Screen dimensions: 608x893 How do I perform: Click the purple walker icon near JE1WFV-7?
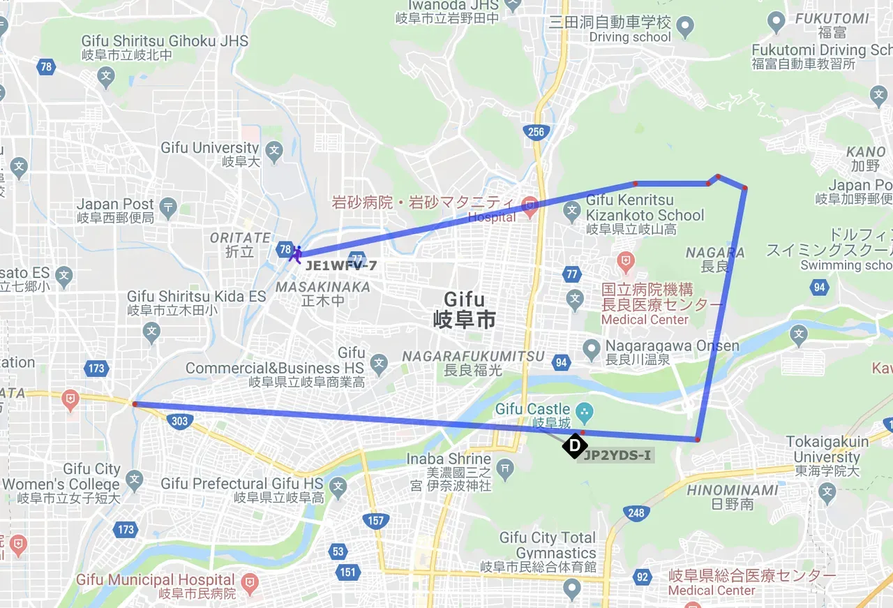click(296, 255)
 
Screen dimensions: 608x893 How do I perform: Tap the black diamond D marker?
click(574, 445)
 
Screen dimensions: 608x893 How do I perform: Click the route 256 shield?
click(536, 131)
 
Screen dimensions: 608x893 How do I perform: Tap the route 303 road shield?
click(179, 420)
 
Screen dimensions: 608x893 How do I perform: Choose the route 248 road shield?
click(636, 513)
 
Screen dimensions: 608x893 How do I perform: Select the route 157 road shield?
click(375, 521)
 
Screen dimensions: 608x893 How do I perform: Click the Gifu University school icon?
click(274, 149)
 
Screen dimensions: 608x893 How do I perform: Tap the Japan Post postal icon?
click(168, 207)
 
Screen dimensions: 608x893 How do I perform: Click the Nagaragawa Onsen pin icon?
click(592, 347)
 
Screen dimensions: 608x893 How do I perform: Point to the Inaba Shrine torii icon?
click(505, 466)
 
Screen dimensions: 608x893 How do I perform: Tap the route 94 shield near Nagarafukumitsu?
click(561, 362)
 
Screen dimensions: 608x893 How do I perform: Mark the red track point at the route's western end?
click(135, 403)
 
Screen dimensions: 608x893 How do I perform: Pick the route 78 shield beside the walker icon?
click(285, 249)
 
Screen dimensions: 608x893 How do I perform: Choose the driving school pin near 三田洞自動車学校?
click(685, 29)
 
